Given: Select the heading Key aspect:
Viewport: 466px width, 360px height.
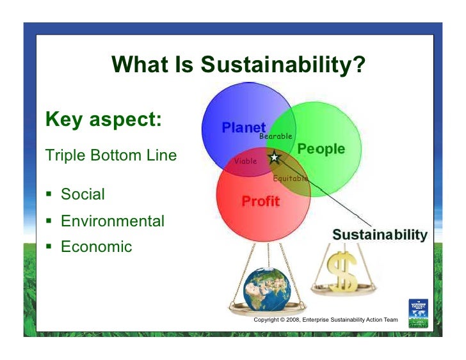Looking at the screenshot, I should coord(103,120).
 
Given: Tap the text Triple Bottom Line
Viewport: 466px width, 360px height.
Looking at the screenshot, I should coord(110,155).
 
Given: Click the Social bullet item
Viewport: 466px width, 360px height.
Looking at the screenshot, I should coord(83,194).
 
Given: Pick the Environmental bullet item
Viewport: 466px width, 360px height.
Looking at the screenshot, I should coord(112,221).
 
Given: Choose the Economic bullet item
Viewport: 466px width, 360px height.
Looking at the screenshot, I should coord(96,247).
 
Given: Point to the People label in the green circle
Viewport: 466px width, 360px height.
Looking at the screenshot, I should coord(321,150).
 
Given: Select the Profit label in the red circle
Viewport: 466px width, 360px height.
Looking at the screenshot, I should coord(261,201).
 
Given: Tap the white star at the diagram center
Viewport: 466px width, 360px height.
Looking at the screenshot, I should coord(275,157).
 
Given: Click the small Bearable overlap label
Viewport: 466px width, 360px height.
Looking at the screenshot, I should coord(276,137).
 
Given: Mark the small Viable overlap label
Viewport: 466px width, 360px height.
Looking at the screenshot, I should coord(245,161).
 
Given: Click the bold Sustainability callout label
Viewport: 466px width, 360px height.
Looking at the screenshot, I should coord(380,235).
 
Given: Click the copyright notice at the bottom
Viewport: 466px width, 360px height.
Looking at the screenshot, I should coord(326,320).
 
